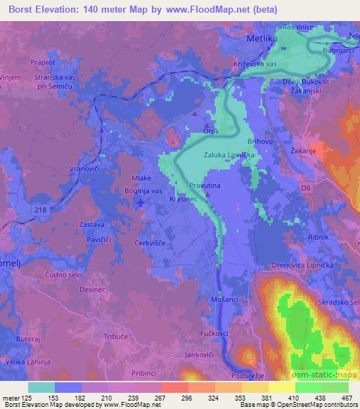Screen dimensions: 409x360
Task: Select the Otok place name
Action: (x=212, y=131)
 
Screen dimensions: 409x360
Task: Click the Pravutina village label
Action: (x=206, y=186)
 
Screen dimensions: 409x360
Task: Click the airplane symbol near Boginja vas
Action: (x=141, y=202)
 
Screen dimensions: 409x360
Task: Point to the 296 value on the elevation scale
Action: (x=186, y=397)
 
